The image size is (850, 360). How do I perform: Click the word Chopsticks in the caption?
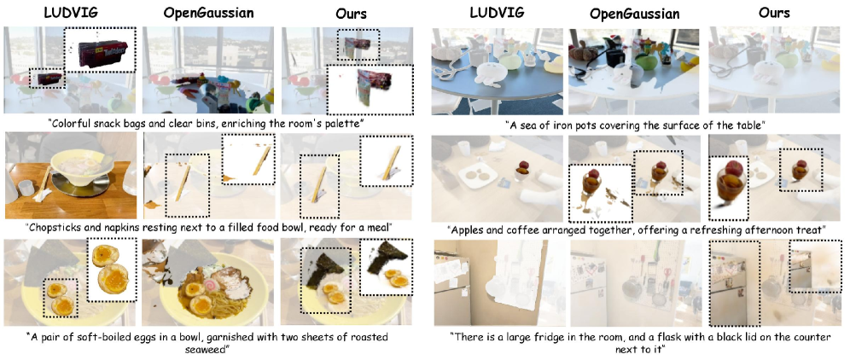click(x=73, y=227)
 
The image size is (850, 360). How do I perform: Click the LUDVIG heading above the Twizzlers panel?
click(x=71, y=12)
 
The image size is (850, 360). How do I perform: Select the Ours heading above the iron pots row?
click(x=775, y=12)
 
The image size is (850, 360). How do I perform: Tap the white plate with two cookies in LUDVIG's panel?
click(x=480, y=174)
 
